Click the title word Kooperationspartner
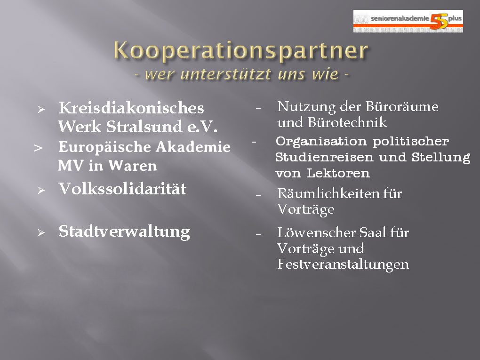241,50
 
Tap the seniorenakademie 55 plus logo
408,21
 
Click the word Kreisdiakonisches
131,108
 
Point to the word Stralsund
144,127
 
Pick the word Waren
133,166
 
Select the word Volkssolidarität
122,189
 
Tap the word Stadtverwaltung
124,232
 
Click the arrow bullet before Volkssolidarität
41,191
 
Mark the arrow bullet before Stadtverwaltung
41,233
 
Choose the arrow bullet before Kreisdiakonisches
41,110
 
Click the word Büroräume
402,107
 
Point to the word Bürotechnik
347,122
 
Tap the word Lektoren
338,173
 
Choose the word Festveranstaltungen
343,264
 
